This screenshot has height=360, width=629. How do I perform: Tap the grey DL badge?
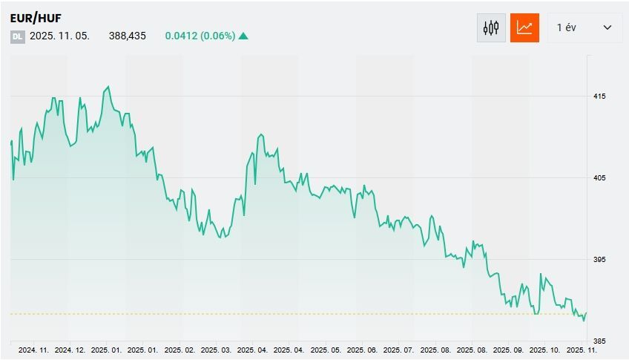coord(17,36)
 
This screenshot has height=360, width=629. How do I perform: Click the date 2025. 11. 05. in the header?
coord(60,36)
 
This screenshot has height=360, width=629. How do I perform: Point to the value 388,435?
coord(127,36)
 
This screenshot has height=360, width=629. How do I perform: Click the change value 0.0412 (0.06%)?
coord(200,36)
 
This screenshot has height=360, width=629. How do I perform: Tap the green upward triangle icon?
coord(243,36)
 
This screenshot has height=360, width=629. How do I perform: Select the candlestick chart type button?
coord(491,28)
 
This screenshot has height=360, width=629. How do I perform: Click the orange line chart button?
coord(524,28)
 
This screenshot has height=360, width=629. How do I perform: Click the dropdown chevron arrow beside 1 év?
coord(607,28)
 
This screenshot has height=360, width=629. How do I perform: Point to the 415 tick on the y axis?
coord(599,96)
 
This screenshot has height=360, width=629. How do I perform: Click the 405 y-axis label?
coord(599,178)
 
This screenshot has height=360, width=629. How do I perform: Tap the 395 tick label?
coord(599,260)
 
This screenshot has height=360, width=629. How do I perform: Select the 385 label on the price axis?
coord(599,341)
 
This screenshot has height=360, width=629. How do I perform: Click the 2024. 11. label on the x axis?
coord(33,350)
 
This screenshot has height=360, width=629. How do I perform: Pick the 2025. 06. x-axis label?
coord(362,350)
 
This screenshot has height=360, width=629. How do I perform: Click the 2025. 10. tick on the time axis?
coord(546,350)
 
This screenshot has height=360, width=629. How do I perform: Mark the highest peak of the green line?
coord(108,87)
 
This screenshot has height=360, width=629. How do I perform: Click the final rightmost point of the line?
coord(586,313)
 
